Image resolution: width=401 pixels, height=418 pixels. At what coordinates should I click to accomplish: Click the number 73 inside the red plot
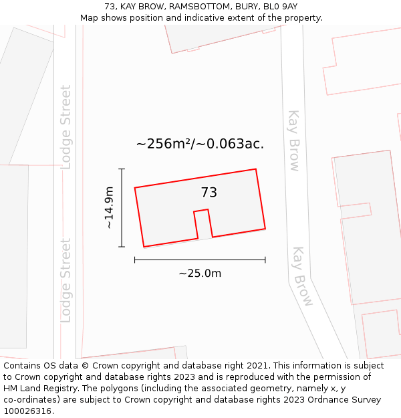click(x=209, y=193)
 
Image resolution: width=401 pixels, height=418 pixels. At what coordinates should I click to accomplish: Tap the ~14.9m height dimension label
click(x=109, y=208)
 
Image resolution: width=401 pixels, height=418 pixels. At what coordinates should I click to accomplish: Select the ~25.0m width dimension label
click(x=200, y=273)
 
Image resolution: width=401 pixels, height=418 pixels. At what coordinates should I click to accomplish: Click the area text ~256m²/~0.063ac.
click(x=200, y=144)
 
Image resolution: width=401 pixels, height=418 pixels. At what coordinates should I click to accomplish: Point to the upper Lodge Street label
click(x=65, y=127)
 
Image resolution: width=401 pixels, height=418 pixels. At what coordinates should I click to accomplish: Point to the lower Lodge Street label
click(x=65, y=280)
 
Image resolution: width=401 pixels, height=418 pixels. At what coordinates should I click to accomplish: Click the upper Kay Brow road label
click(x=294, y=140)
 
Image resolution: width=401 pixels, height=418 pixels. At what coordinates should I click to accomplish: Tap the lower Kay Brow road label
click(x=302, y=276)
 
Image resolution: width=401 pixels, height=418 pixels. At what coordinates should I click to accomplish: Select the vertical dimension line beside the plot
click(x=122, y=208)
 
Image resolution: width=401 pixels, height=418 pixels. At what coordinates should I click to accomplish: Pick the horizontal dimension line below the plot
click(x=200, y=259)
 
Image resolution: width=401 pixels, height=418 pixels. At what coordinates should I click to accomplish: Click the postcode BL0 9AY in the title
click(x=281, y=7)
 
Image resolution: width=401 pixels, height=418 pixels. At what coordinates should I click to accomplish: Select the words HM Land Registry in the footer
click(x=37, y=389)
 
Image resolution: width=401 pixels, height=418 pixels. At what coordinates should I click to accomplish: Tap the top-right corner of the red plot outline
click(x=256, y=169)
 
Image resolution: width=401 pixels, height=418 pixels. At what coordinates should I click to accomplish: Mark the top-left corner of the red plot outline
click(x=135, y=188)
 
